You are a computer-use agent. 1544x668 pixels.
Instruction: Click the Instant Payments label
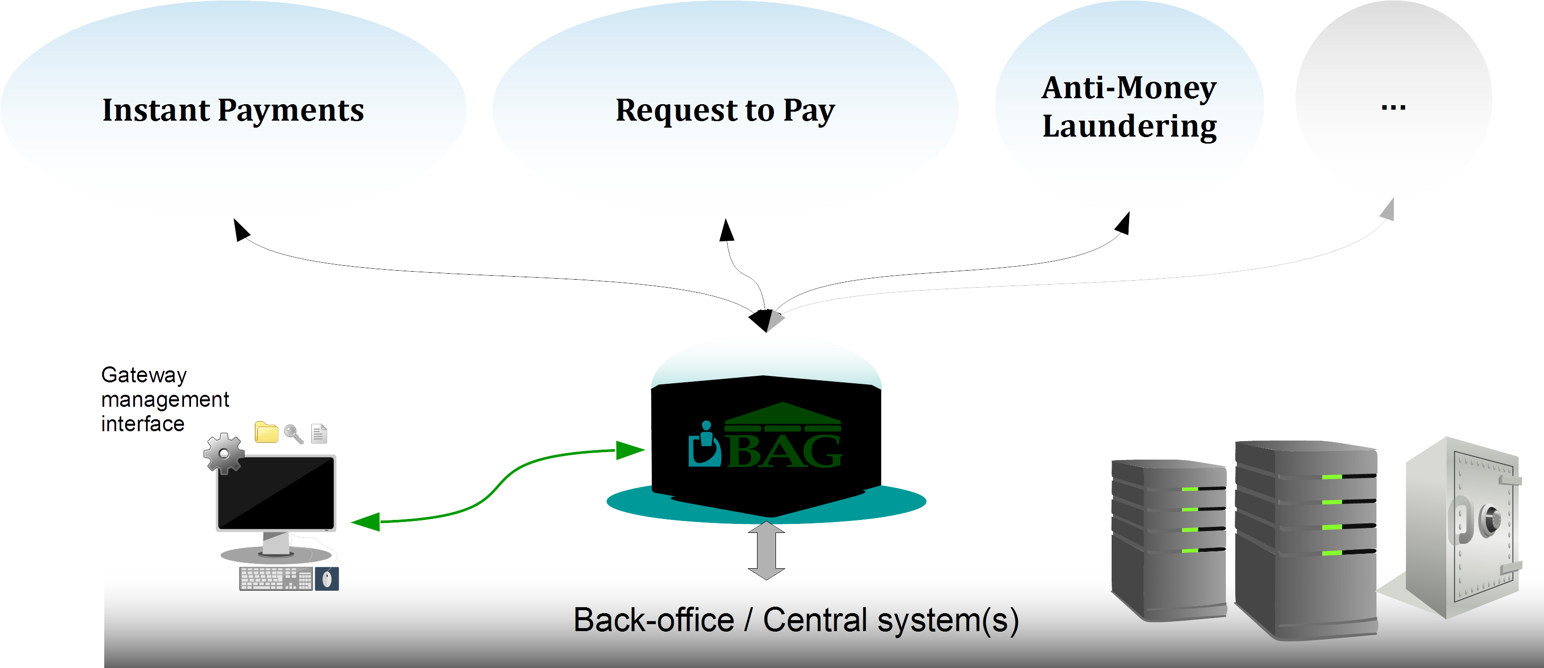233,110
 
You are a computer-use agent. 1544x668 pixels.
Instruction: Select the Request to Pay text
725,111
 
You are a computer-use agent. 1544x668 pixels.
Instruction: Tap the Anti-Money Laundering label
1129,107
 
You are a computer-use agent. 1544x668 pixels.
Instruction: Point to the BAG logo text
784,451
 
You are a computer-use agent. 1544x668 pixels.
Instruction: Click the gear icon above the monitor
223,453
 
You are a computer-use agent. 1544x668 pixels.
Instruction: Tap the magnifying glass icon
293,433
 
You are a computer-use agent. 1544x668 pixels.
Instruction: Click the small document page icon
319,433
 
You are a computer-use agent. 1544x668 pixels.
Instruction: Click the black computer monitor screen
276,493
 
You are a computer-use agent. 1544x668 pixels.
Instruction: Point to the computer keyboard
275,579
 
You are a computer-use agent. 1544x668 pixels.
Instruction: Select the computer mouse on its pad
327,579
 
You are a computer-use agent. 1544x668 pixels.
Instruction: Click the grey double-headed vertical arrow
766,550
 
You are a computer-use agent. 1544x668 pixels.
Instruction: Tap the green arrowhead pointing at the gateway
629,449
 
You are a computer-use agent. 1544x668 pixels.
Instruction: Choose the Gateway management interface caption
164,399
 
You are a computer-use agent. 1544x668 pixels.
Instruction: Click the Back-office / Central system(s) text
795,620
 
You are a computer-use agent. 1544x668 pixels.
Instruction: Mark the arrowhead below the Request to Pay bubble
727,230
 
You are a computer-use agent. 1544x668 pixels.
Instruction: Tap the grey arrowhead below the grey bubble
1388,210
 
